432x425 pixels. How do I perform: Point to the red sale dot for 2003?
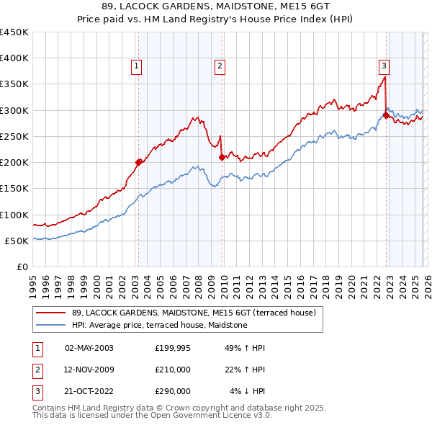coord(139,162)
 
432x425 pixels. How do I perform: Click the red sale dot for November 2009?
coord(222,156)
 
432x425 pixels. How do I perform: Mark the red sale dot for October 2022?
coord(387,115)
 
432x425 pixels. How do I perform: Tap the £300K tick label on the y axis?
coord(14,110)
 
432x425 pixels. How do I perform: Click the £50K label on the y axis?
coord(17,241)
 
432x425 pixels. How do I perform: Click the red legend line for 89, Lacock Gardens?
coord(50,313)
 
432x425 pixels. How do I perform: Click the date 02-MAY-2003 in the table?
coord(89,348)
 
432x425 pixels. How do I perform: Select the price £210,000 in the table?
coord(173,370)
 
